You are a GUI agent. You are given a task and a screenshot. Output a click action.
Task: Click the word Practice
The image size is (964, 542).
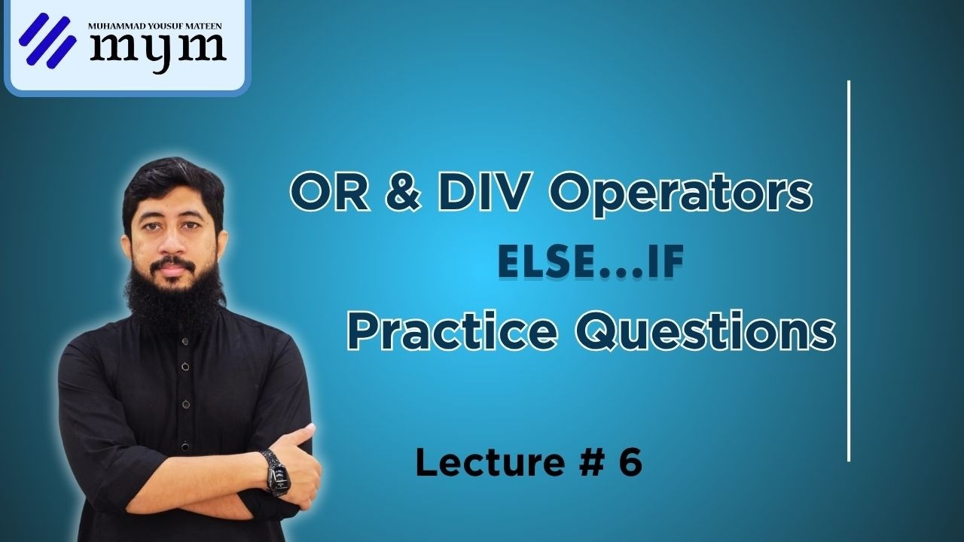click(448, 330)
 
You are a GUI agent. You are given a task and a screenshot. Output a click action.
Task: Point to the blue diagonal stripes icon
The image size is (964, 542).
click(47, 40)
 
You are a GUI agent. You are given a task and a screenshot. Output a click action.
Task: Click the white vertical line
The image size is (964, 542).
click(849, 271)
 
